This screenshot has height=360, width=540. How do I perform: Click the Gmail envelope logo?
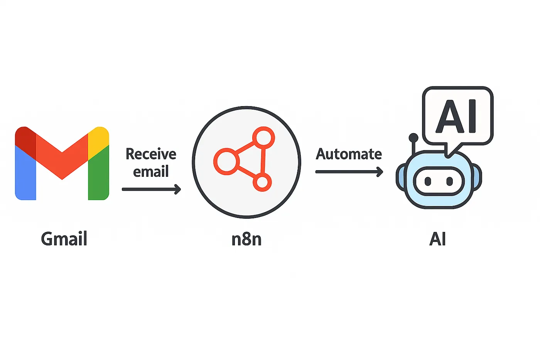pos(62,163)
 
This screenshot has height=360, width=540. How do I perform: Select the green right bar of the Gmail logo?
pos(98,177)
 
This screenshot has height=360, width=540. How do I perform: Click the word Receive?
pos(151,154)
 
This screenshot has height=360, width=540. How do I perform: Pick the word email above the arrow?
pos(151,171)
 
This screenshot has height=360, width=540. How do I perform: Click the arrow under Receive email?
pos(151,189)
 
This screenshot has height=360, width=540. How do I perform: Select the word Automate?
pos(349,154)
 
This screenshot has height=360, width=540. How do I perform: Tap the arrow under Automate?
pos(349,172)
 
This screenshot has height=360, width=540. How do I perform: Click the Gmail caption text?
pos(64,239)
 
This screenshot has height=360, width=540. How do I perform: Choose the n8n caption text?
pos(246,239)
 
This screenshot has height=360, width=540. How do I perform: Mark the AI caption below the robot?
pos(437,239)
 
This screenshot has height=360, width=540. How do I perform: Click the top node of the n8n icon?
pos(263,137)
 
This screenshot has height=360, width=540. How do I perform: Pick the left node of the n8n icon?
pos(225,161)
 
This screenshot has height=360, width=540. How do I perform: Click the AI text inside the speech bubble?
pos(457,116)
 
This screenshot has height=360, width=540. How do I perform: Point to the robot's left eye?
pos(428,181)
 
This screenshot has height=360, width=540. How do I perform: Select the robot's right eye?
pos(449,181)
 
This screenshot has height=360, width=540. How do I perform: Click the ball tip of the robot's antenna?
pos(413,137)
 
